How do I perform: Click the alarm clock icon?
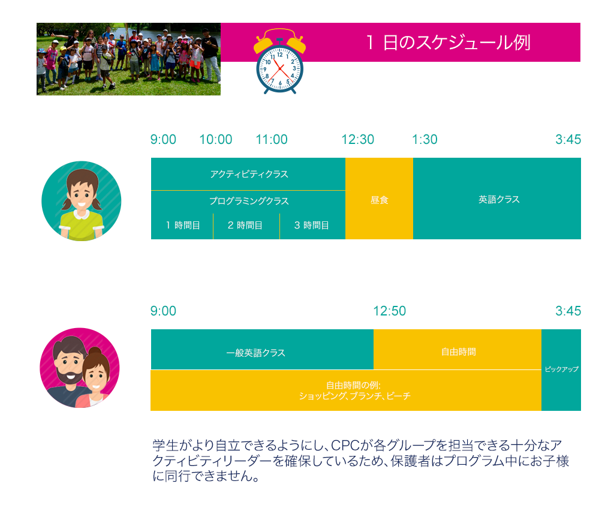tap(279, 61)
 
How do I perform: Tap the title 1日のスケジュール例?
tap(448, 43)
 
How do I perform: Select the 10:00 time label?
tap(216, 139)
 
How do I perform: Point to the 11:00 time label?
tap(272, 139)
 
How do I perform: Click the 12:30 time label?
tap(358, 139)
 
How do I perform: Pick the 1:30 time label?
tap(425, 139)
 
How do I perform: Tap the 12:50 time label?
tap(390, 311)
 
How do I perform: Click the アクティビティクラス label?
tap(249, 174)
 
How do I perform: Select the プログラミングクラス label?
tap(249, 201)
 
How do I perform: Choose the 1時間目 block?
tap(182, 226)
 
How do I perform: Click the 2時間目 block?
tap(246, 226)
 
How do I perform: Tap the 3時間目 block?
tap(312, 226)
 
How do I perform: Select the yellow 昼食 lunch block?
tap(379, 199)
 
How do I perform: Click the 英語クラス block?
tap(497, 199)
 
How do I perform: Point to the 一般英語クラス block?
tap(262, 350)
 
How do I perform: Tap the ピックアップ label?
tap(561, 369)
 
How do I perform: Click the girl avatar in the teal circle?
tap(82, 201)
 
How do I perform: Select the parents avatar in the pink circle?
tap(80, 368)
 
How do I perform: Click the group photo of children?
tap(128, 59)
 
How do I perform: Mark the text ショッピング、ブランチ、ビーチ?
tap(355, 396)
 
